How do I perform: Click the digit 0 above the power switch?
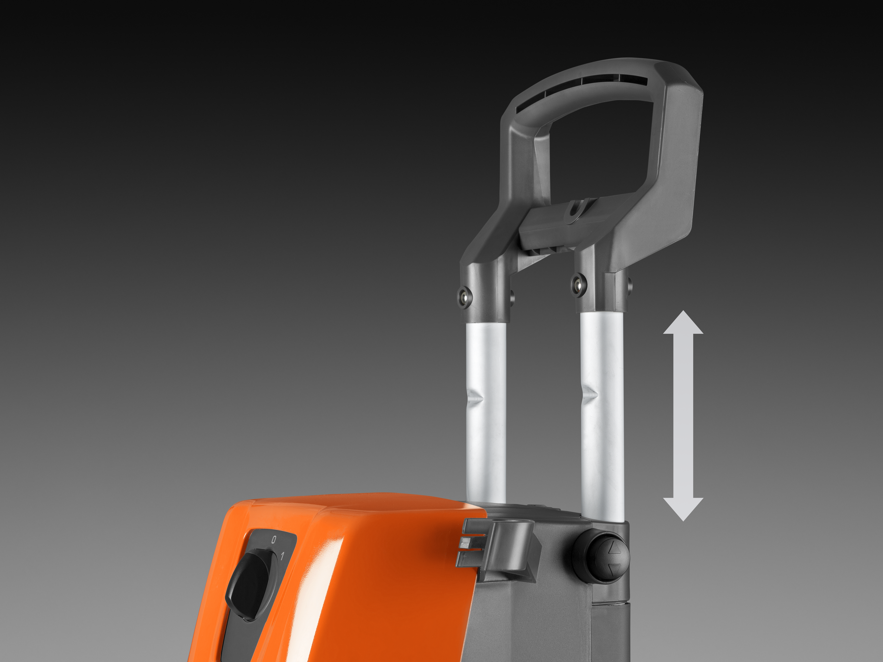click(x=273, y=540)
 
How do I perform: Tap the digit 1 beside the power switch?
click(x=283, y=556)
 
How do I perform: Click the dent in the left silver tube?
click(x=476, y=398)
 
